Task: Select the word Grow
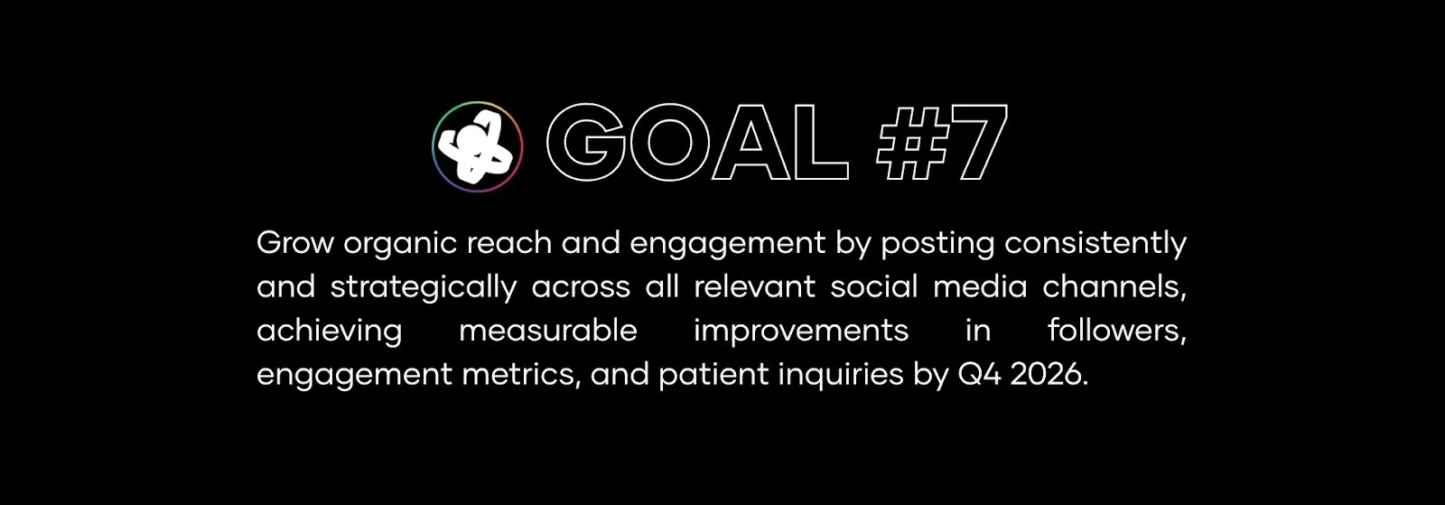[295, 243]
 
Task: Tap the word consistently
[1095, 244]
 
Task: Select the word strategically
[423, 288]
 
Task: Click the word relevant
[754, 287]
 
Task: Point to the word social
[874, 287]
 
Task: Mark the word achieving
[329, 332]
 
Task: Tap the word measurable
[548, 331]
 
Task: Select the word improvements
[801, 332]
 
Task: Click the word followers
[1116, 331]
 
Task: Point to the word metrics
[521, 374]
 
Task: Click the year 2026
[1049, 374]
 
